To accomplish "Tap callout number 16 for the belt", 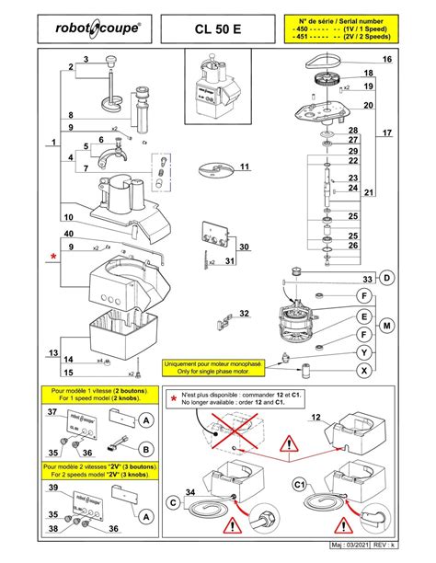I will click(387, 60).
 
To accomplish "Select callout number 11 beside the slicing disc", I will click(245, 167).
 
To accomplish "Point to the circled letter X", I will click(365, 370).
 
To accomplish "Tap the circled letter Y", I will click(365, 352).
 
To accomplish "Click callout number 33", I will click(366, 279).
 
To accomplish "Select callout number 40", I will click(69, 234).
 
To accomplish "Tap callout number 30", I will click(244, 247).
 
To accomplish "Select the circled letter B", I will click(145, 449).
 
